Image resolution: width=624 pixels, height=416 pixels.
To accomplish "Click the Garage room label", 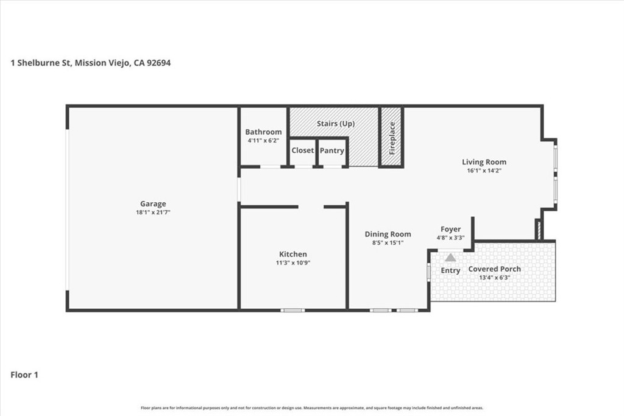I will click(153, 204).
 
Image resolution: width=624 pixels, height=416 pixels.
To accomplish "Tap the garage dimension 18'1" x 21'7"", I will click(153, 213).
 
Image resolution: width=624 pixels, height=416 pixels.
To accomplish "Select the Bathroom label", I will click(263, 132).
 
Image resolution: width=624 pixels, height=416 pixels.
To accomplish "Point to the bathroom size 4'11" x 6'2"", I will click(263, 141).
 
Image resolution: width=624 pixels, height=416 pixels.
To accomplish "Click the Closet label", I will click(302, 150).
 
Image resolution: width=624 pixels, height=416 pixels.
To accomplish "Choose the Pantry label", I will click(331, 150).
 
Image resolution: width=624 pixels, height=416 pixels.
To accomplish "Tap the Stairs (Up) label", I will click(335, 124).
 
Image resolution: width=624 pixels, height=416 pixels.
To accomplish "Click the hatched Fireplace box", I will click(391, 137).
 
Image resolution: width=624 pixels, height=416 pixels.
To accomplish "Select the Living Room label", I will click(484, 162).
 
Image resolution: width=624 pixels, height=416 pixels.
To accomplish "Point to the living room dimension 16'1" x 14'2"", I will click(484, 171).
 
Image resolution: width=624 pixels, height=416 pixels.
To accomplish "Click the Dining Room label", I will click(388, 234).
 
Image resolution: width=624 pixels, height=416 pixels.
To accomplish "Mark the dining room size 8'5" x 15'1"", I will click(388, 242).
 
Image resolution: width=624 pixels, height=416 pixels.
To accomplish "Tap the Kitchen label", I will click(293, 254).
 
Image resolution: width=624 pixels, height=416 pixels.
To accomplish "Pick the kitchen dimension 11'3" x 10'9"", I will click(293, 263).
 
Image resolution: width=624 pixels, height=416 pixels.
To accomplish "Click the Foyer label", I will click(451, 229).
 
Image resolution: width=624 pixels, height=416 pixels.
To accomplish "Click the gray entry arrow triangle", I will click(450, 258).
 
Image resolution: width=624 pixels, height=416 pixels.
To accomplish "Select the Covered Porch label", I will click(494, 269).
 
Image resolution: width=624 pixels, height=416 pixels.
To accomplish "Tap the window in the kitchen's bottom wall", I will click(292, 310).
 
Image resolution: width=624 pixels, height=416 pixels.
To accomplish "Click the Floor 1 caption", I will click(24, 375).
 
